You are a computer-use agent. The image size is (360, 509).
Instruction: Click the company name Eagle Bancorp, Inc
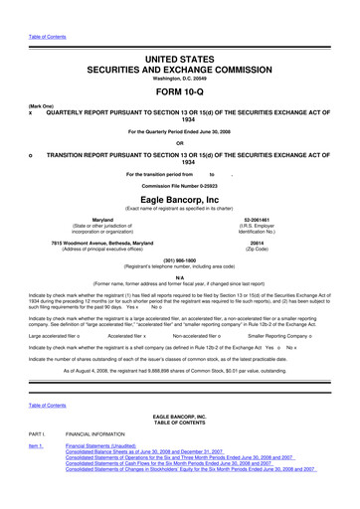180,198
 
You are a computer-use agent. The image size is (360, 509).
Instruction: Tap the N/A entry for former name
180,279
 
